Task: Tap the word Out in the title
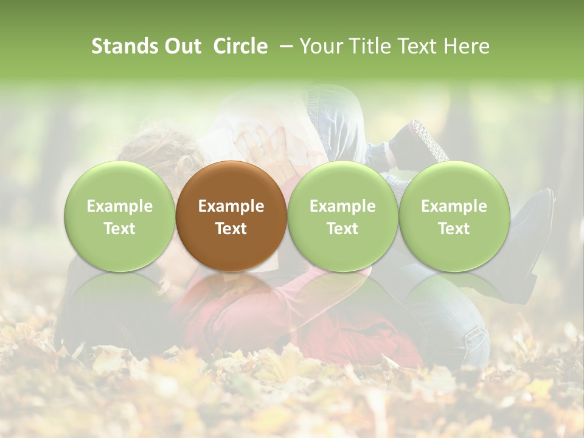pyautogui.click(x=181, y=46)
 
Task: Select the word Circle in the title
pyautogui.click(x=240, y=46)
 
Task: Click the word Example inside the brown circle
pyautogui.click(x=231, y=206)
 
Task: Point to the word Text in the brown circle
pyautogui.click(x=231, y=229)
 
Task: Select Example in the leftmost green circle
pyautogui.click(x=120, y=206)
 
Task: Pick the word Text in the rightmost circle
pyautogui.click(x=454, y=229)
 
